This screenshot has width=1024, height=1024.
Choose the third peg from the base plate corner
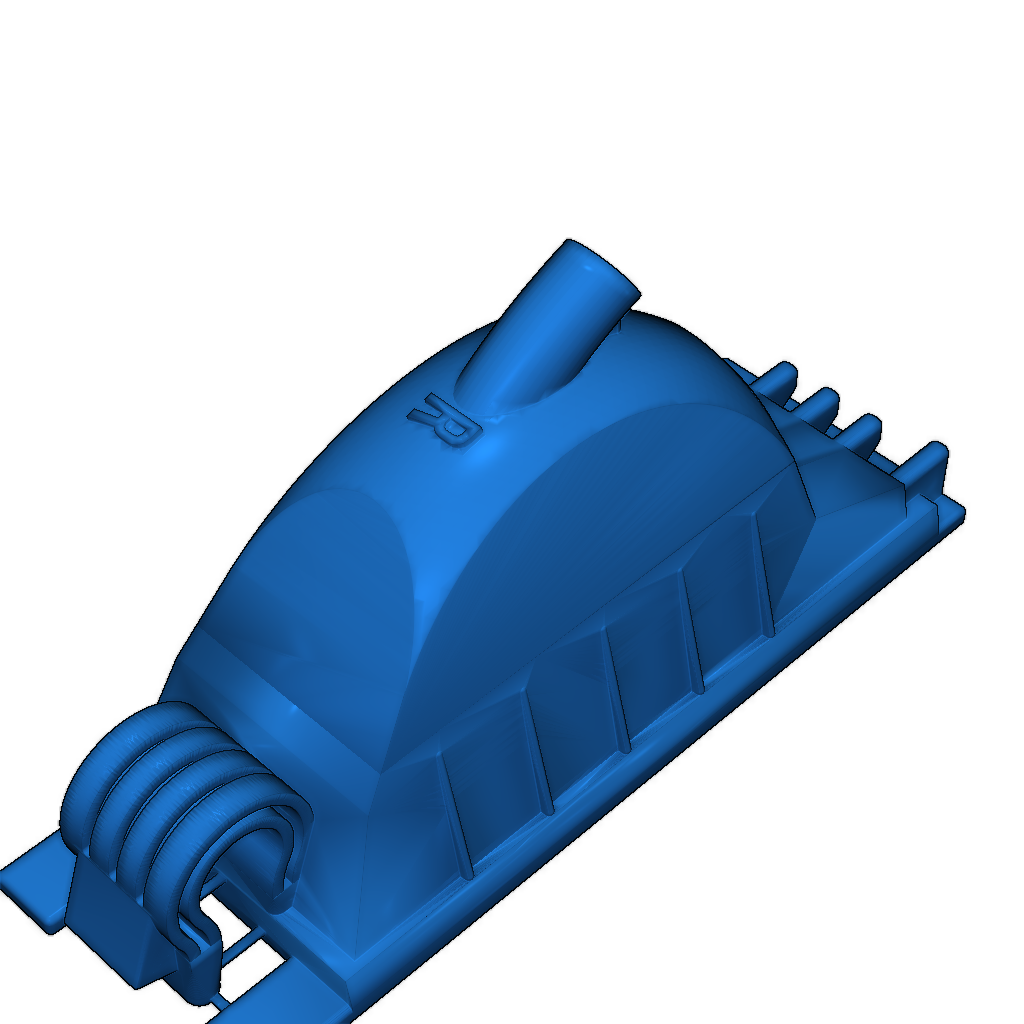coord(822,402)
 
